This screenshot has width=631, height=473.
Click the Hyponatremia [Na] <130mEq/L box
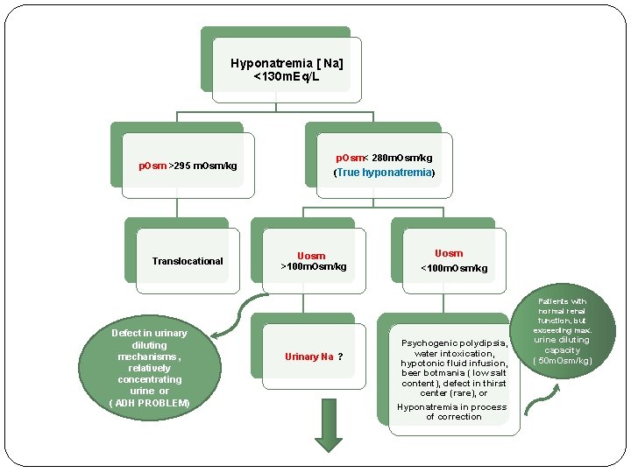[x=287, y=70]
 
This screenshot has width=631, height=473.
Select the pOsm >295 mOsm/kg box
[x=188, y=166]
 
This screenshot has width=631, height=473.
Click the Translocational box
[x=188, y=261]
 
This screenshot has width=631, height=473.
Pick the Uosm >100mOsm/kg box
[x=313, y=261]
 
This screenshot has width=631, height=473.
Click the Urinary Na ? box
[x=313, y=357]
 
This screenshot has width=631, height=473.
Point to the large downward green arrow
[x=329, y=425]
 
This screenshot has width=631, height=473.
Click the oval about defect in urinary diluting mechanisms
[x=149, y=368]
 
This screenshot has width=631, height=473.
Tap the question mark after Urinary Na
[x=340, y=357]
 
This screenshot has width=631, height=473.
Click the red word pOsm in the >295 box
[x=152, y=166]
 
